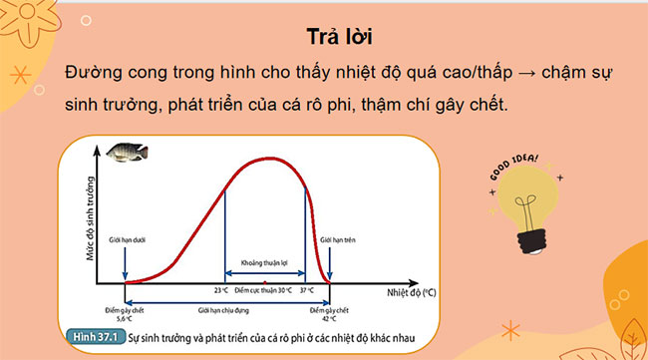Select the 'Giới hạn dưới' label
pos(124,239)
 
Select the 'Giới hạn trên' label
pos(331,239)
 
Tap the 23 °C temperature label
pos(222,290)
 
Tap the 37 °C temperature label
pos(305,290)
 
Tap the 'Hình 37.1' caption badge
pos(94,339)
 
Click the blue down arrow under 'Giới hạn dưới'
pos(124,264)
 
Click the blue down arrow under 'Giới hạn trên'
pos(331,264)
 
